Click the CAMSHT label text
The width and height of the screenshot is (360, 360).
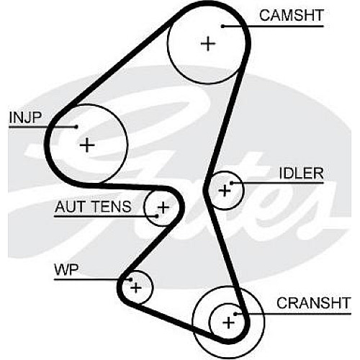coord(292,15)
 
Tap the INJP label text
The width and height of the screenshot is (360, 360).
coord(25,117)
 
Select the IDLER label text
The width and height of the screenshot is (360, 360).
coord(302,174)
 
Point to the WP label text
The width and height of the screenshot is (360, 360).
coord(66,270)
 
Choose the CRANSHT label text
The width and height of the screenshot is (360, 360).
coord(314,303)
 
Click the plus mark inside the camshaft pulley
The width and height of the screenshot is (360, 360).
coord(208,44)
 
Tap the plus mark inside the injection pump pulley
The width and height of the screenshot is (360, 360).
coord(87,145)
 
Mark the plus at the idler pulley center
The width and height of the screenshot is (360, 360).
coord(225,191)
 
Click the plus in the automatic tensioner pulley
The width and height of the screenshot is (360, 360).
coord(163,207)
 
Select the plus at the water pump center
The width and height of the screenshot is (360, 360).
coord(136,287)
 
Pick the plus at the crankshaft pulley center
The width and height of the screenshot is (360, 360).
coord(228,323)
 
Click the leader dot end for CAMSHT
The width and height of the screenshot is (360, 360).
coord(222,26)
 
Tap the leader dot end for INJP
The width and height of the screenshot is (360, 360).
coord(76,127)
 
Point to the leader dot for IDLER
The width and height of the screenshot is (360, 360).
coord(231,184)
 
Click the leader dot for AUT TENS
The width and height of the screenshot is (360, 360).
coord(157,216)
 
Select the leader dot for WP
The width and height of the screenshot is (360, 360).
coord(131,279)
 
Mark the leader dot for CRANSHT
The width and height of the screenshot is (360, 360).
coord(235,314)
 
